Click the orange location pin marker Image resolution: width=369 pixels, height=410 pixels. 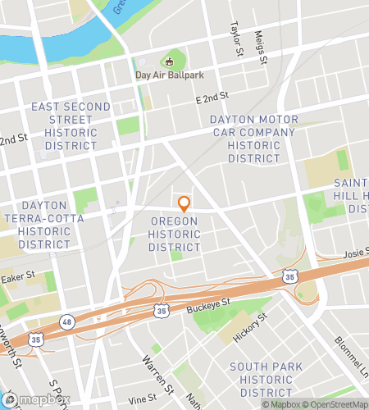click(x=184, y=203)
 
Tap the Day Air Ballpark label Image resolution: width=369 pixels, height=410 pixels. click(x=170, y=76)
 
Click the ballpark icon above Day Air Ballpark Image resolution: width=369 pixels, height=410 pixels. click(x=170, y=61)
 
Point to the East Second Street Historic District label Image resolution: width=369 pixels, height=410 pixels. click(x=71, y=125)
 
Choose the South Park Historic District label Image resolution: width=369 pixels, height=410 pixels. click(x=266, y=380)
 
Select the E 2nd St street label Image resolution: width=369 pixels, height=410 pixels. click(x=212, y=98)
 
